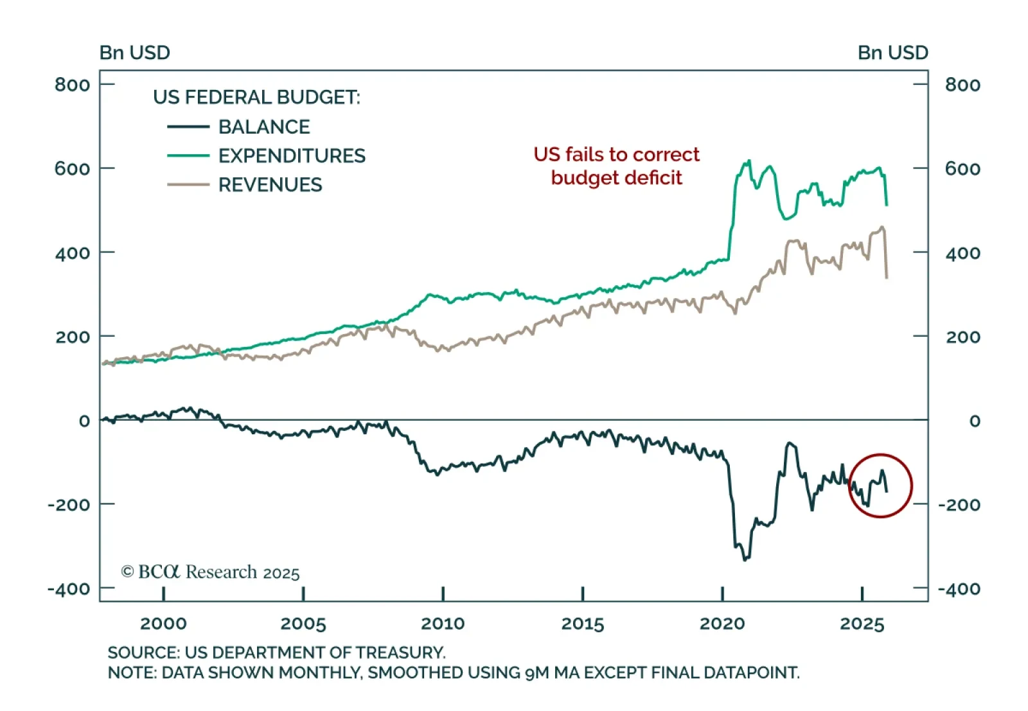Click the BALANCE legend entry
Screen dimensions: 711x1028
click(x=263, y=127)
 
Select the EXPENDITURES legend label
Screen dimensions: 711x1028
click(x=292, y=155)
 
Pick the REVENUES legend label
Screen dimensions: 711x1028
click(x=270, y=185)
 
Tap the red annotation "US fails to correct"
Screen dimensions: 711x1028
click(x=616, y=154)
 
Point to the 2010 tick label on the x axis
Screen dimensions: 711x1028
click(x=443, y=623)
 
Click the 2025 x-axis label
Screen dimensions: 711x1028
click(x=862, y=623)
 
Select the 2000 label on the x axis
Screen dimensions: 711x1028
click(x=163, y=623)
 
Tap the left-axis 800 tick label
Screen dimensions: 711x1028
click(x=72, y=85)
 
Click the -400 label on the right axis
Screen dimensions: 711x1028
click(x=959, y=589)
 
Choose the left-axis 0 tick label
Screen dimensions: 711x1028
click(x=84, y=421)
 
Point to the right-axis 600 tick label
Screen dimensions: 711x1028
click(x=962, y=169)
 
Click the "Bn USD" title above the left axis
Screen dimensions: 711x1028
click(x=135, y=53)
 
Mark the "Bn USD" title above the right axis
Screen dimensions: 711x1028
click(x=892, y=53)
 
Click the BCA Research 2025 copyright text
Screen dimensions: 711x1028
click(x=211, y=572)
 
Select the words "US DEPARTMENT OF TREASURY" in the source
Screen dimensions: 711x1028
click(x=314, y=653)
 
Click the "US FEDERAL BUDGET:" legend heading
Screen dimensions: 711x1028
click(x=256, y=97)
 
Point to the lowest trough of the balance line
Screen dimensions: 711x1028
click(x=745, y=560)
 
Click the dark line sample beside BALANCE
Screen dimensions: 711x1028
click(x=188, y=127)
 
